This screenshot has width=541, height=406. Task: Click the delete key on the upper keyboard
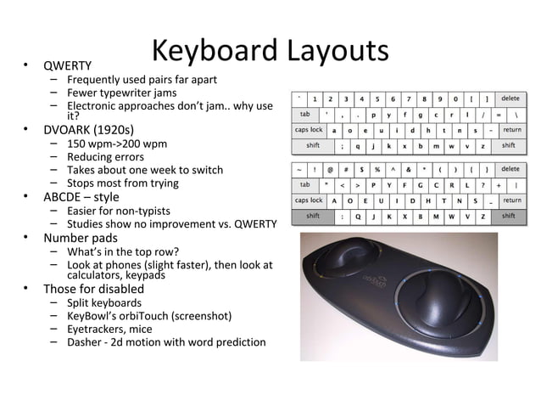pyautogui.click(x=511, y=99)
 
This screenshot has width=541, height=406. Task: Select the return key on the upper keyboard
pyautogui.click(x=512, y=130)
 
